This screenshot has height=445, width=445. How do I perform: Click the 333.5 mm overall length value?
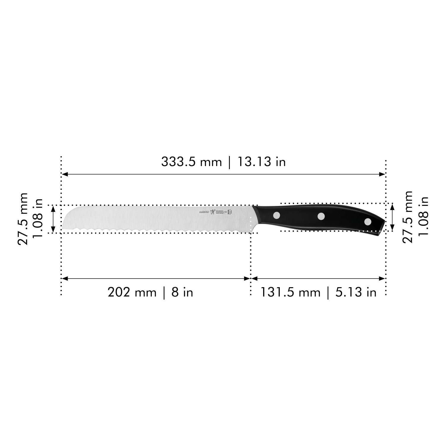coord(191,162)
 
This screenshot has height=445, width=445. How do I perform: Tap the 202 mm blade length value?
coord(132,293)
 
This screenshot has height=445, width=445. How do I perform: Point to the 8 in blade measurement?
coord(182,293)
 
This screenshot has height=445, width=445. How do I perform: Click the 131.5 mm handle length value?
coord(290,293)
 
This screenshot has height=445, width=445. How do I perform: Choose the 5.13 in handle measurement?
coord(356,293)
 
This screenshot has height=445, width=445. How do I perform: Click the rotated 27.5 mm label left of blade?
coord(23,219)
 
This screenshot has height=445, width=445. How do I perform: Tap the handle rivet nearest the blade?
coord(277,215)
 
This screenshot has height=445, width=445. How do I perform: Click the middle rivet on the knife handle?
coord(321,217)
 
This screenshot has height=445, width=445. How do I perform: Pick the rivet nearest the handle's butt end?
coord(368,221)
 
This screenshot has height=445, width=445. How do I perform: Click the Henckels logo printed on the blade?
coord(212,212)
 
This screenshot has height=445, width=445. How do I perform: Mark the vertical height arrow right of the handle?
coord(392,217)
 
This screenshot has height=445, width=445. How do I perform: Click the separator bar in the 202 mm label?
coord(164,293)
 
